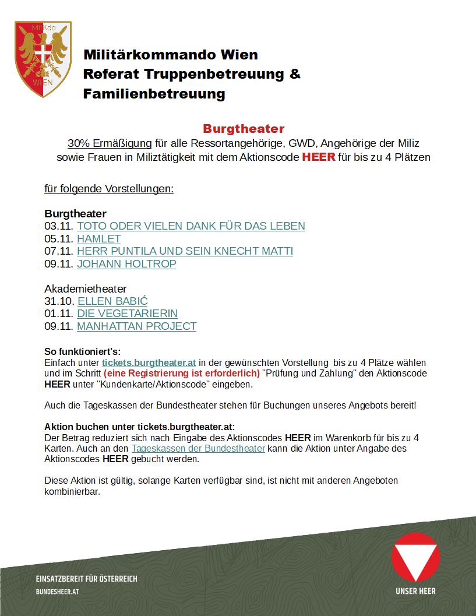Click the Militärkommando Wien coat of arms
tap(43, 59)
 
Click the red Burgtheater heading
tap(244, 128)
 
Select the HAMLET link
tap(98, 238)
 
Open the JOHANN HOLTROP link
tap(126, 263)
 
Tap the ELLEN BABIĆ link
tap(112, 301)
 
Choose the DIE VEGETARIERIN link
tap(127, 313)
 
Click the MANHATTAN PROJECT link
tap(136, 326)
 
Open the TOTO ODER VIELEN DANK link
tap(191, 226)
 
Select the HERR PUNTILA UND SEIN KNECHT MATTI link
tap(185, 251)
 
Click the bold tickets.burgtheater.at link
tap(149, 362)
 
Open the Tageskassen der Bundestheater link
tap(198, 448)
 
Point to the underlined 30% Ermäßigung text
tap(110, 143)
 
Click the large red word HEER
tap(318, 157)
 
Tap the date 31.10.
tap(59, 301)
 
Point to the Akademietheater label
tap(85, 288)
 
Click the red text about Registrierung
tap(182, 373)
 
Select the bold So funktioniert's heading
tap(82, 351)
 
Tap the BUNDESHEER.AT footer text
tap(57, 591)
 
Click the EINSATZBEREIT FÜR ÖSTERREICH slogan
tap(86, 579)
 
